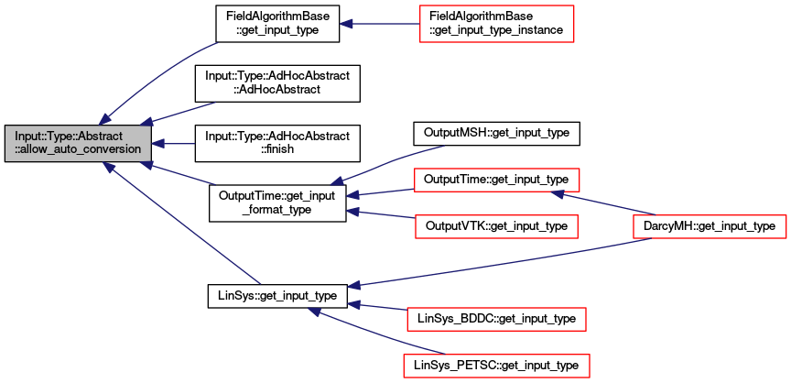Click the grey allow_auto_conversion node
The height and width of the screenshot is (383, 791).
78,143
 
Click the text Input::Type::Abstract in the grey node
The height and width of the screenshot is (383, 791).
69,137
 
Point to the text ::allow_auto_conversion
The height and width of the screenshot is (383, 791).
78,149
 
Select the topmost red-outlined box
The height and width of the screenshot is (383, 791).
496,23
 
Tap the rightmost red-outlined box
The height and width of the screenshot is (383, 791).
710,226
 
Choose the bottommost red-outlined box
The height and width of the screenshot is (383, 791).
496,366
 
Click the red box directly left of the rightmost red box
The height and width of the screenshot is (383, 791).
496,226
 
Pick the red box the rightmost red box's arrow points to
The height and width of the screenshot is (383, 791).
496,180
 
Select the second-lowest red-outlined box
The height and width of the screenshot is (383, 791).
495,319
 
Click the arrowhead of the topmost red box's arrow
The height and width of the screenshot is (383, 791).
346,23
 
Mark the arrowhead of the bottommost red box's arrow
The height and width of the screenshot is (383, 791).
314,312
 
